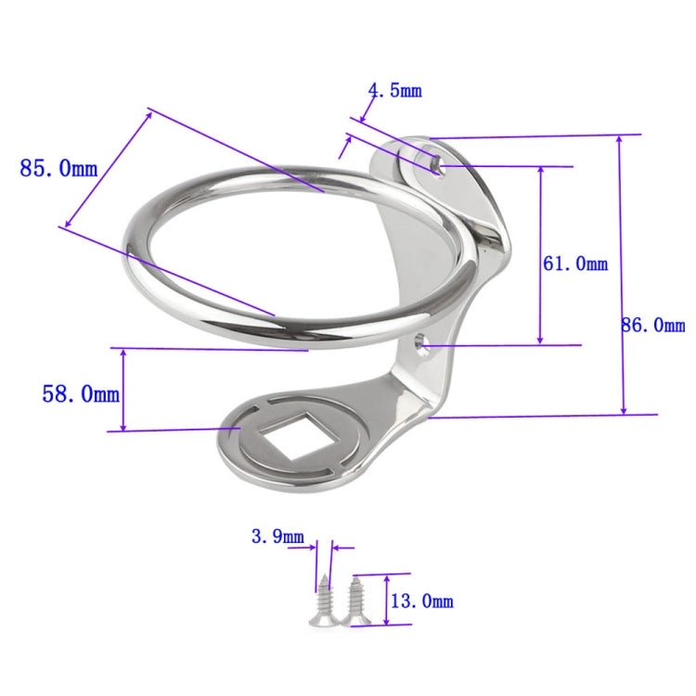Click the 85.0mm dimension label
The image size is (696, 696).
(58, 169)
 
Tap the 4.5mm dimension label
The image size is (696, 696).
(394, 90)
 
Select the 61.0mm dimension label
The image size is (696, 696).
(575, 264)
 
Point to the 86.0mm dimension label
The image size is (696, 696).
(653, 325)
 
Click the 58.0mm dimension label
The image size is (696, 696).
(81, 394)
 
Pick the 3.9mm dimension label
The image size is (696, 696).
(277, 536)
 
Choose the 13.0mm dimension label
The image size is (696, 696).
(422, 601)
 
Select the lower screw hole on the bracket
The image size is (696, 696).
(422, 343)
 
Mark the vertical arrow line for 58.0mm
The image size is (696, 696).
(123, 390)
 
